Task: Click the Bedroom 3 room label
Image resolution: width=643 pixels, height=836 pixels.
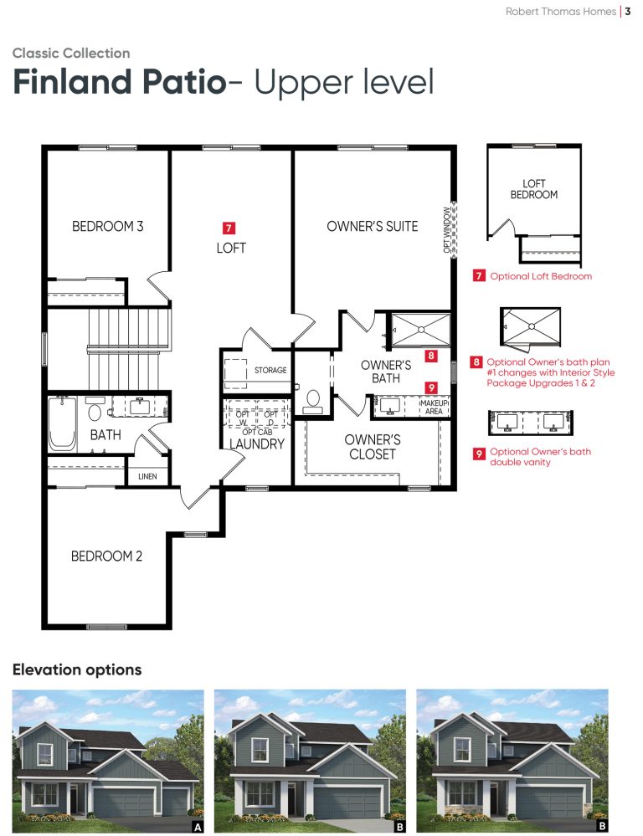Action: click(108, 226)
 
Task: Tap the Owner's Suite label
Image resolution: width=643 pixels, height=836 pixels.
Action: click(373, 226)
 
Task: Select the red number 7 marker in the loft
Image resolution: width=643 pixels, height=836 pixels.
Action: click(229, 228)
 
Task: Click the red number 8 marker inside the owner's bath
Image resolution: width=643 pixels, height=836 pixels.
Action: click(431, 356)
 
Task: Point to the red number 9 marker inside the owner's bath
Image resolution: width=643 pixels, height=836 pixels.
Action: click(431, 387)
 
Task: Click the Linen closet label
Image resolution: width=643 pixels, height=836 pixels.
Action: click(147, 476)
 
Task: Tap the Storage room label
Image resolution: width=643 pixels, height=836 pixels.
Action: click(270, 370)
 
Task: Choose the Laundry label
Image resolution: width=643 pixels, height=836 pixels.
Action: click(257, 444)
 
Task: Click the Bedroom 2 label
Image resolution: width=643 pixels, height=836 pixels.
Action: click(106, 556)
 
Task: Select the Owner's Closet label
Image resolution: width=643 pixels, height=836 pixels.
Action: click(373, 447)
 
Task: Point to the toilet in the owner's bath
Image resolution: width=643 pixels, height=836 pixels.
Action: click(312, 402)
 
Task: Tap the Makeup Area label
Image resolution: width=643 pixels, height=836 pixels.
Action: click(434, 408)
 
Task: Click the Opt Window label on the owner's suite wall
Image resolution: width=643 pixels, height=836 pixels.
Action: click(446, 230)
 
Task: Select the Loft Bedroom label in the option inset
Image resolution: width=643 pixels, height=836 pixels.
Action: click(534, 189)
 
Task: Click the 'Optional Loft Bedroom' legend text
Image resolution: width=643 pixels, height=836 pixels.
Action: click(541, 276)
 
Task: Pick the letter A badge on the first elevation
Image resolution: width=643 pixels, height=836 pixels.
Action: click(198, 827)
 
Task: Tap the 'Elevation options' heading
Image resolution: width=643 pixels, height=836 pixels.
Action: click(77, 669)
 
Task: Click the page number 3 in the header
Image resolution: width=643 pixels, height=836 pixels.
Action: click(628, 11)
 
